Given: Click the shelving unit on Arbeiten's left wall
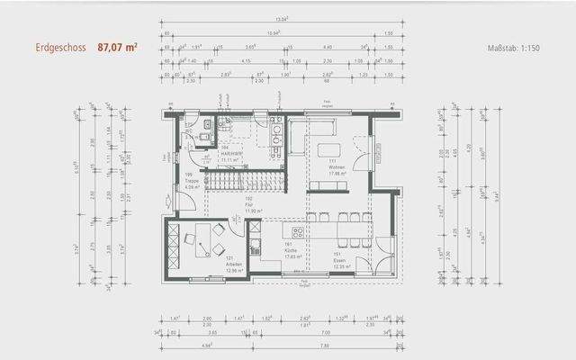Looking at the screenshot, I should click(x=170, y=248).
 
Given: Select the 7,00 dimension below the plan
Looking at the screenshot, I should click(x=324, y=345).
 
